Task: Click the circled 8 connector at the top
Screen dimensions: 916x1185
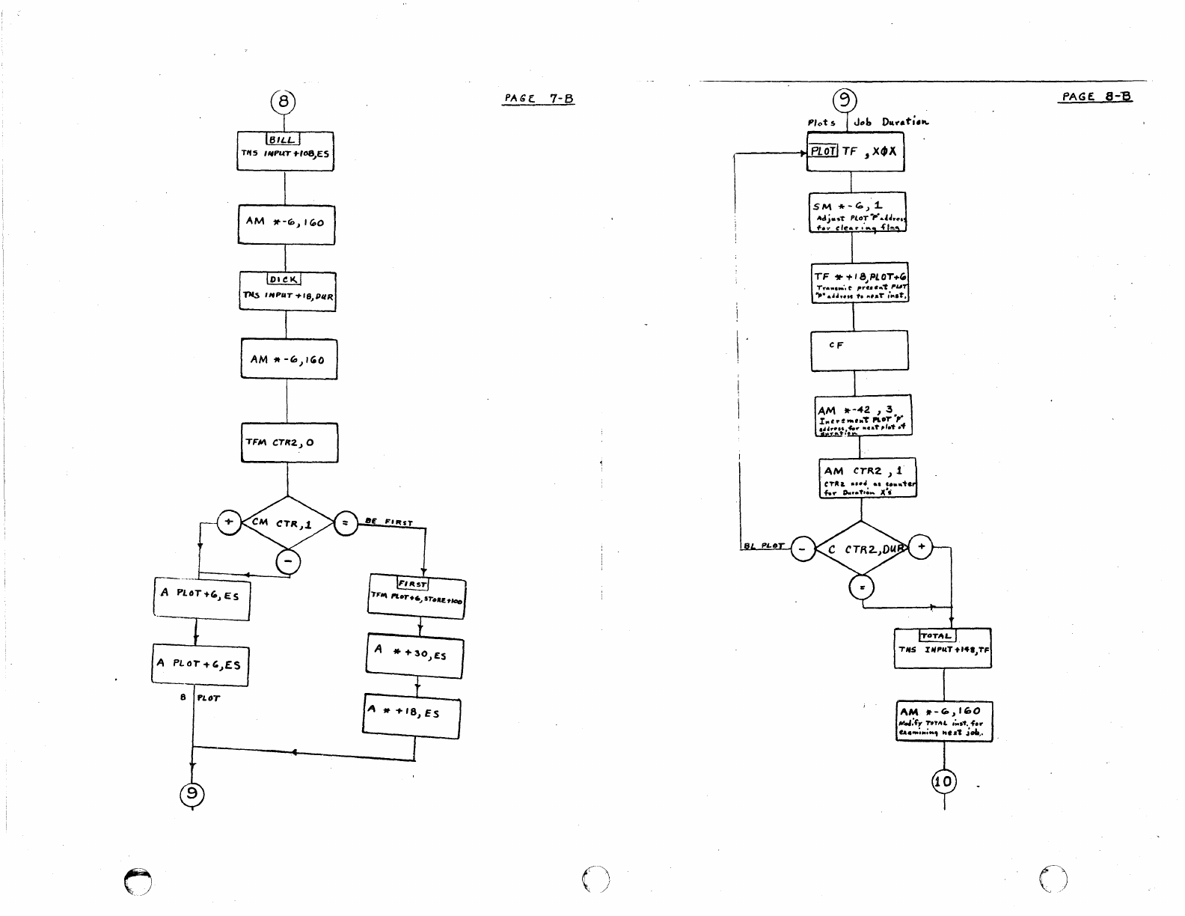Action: tap(284, 100)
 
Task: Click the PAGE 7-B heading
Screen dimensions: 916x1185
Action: tap(539, 99)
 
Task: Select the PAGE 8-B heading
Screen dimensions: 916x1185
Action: tap(1097, 97)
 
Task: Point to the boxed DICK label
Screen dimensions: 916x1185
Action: tap(284, 280)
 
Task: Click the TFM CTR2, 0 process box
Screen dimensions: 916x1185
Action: tap(290, 442)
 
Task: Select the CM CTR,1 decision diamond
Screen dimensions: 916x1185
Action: tap(288, 523)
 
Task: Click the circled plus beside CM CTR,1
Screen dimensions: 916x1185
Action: tap(229, 522)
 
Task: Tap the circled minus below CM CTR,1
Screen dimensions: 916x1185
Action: tap(289, 562)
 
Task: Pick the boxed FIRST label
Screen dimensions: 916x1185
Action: tap(412, 583)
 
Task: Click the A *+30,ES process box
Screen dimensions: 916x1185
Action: tap(416, 656)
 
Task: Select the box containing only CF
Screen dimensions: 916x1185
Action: tap(860, 350)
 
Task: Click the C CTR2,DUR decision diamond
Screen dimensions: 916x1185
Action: tap(861, 549)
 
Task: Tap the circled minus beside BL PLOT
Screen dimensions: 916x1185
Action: tap(803, 550)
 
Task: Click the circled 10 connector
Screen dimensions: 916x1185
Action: tap(944, 782)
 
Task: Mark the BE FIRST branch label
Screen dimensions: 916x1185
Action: tap(389, 522)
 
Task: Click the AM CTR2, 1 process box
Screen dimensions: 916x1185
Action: tap(867, 477)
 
